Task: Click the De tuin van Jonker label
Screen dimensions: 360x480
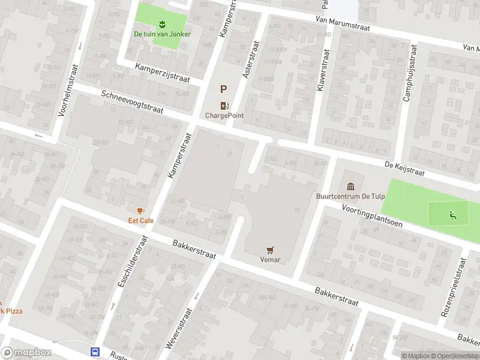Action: tap(162, 34)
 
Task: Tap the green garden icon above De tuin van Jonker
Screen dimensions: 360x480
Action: tap(162, 24)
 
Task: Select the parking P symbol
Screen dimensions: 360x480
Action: tap(223, 89)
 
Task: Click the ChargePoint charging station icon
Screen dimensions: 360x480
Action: tap(224, 105)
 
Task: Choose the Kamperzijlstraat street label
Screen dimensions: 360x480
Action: tap(162, 73)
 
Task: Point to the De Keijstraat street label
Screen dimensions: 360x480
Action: tap(405, 169)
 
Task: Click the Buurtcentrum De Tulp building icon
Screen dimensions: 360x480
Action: tap(351, 185)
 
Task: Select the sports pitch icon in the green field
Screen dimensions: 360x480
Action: tap(451, 215)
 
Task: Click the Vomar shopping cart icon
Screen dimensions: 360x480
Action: tap(271, 250)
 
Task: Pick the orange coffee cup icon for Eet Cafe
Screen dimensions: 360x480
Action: tap(140, 211)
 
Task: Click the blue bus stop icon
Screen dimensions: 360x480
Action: tap(95, 351)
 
